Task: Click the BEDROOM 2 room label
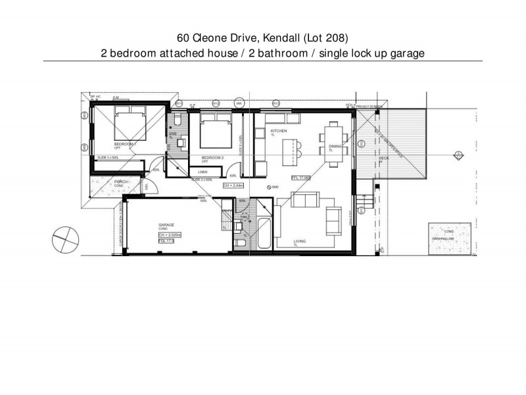click(212, 158)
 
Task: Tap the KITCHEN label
click(279, 132)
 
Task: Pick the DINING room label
click(336, 147)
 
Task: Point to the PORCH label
click(121, 182)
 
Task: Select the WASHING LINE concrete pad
click(448, 242)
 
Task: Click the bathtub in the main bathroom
click(262, 231)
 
